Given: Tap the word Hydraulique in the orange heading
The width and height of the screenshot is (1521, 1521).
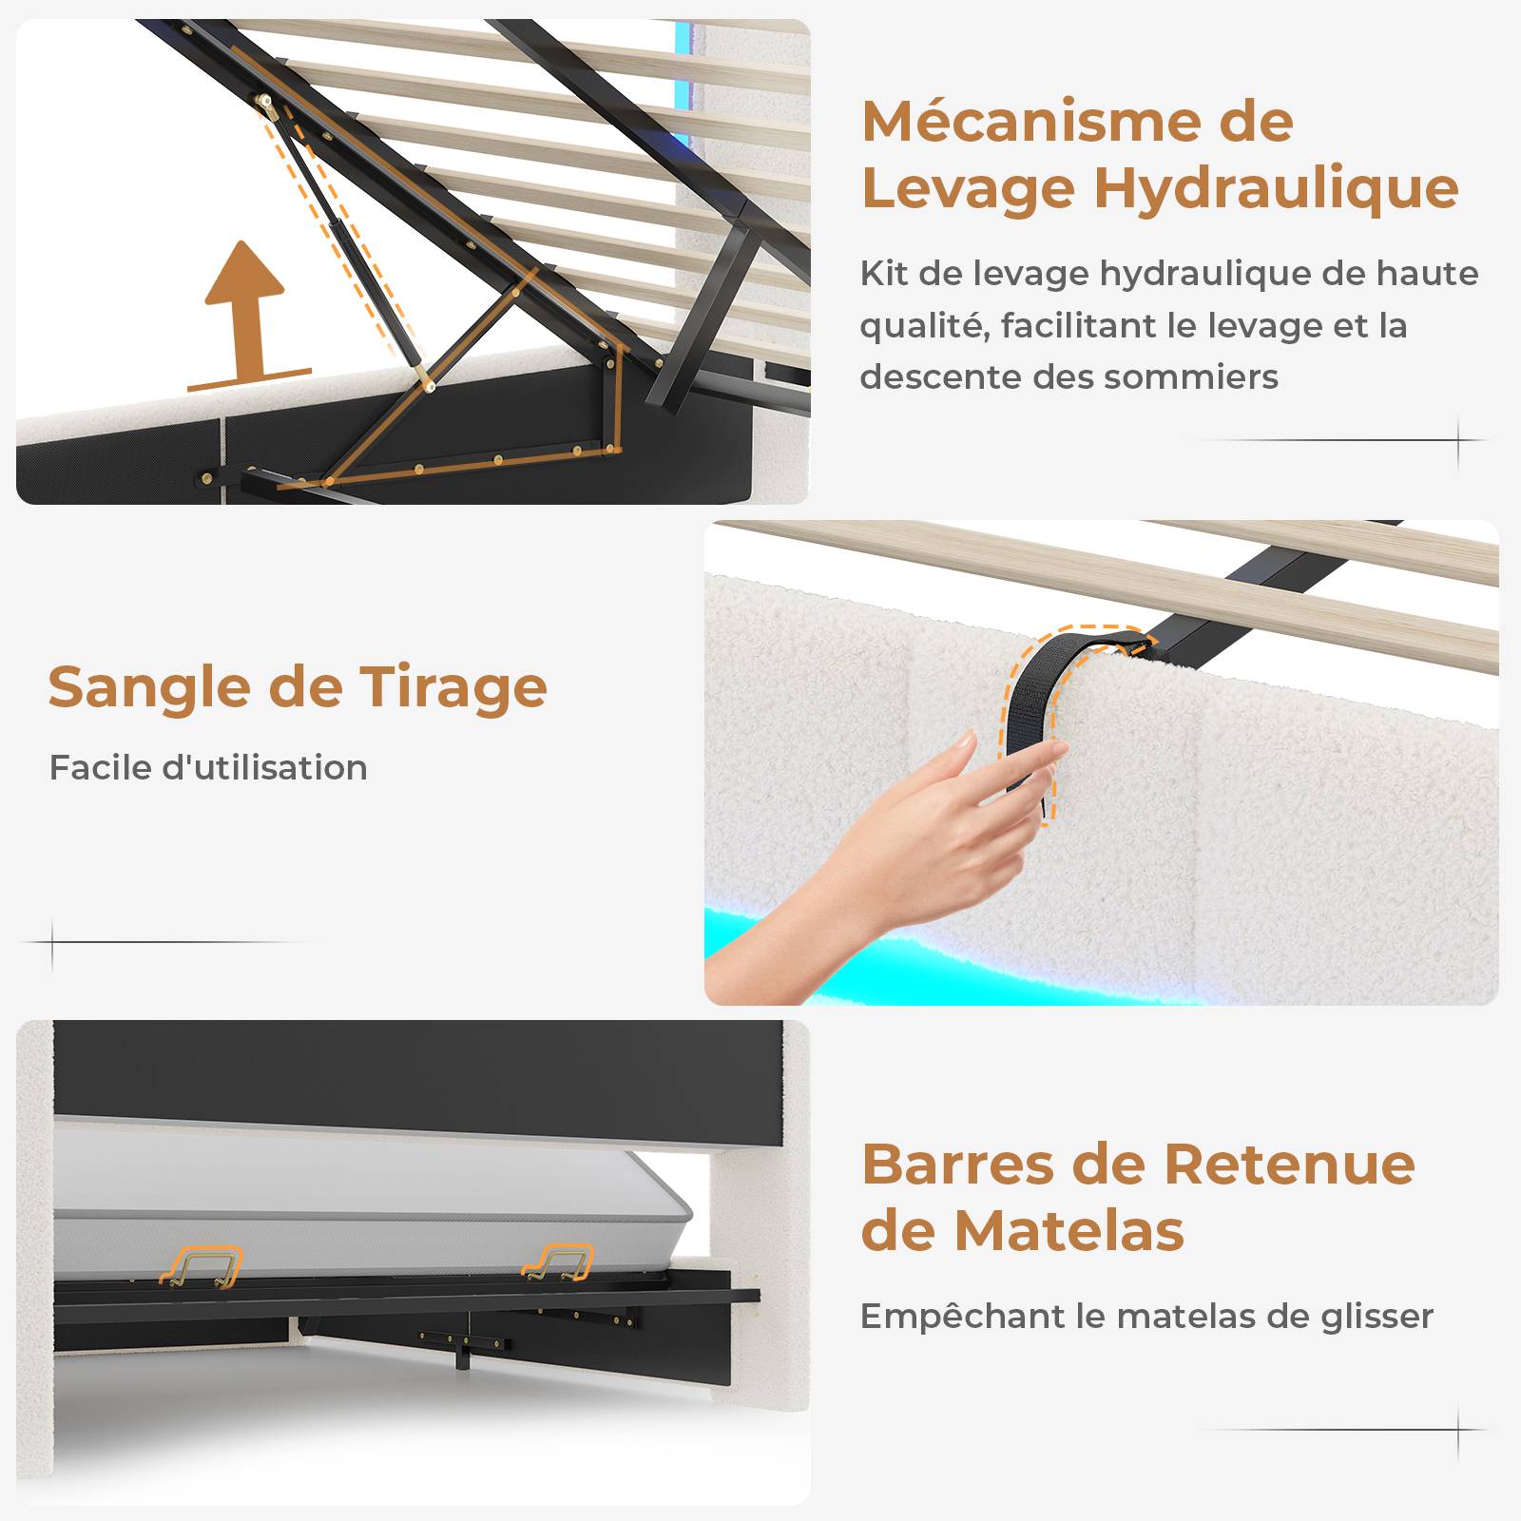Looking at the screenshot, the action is tap(1276, 188).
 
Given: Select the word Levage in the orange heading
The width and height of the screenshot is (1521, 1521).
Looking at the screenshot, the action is tap(970, 190).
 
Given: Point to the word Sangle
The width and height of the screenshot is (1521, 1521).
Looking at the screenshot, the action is tap(150, 688).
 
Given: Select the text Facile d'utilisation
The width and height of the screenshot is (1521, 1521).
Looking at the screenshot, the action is tap(208, 767).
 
